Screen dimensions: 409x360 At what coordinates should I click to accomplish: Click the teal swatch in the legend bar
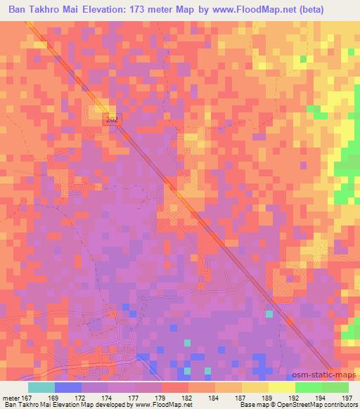click(41, 387)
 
